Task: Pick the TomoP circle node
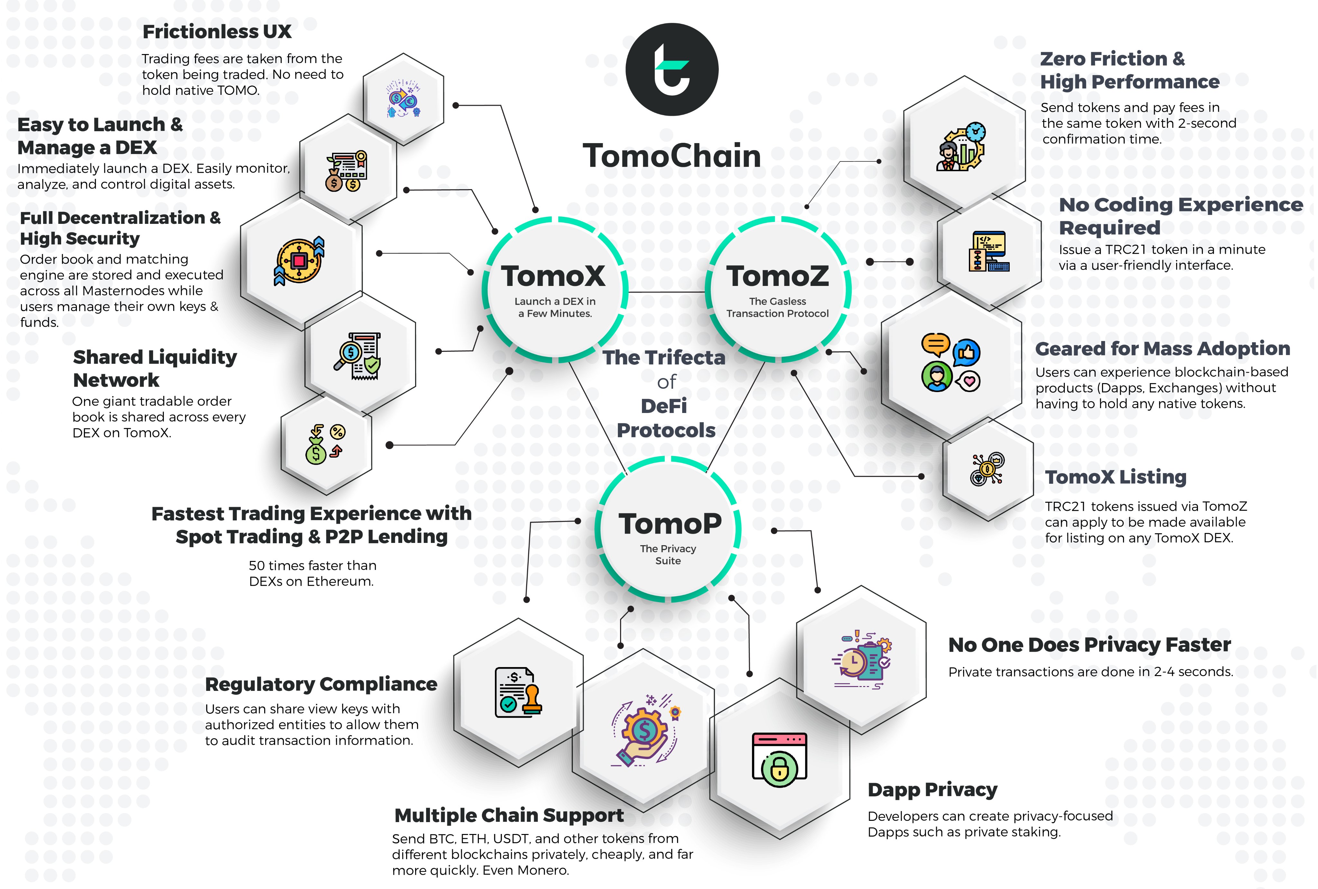[x=669, y=529]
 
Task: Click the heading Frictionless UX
[x=217, y=32]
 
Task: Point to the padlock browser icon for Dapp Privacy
[x=779, y=760]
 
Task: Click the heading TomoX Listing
[x=1116, y=477]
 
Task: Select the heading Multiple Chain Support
[x=509, y=815]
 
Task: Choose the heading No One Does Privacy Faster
[x=1089, y=645]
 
